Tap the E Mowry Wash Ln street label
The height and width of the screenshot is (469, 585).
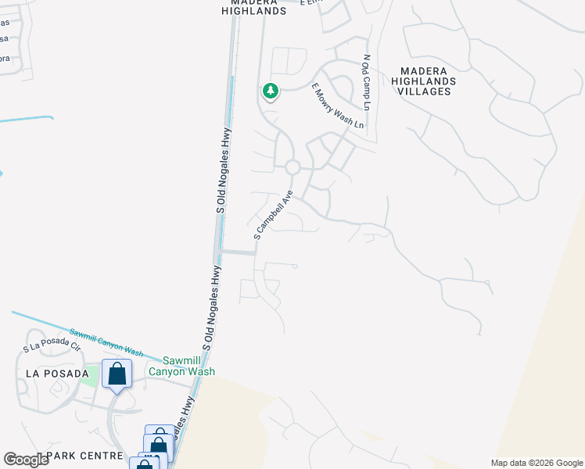338,106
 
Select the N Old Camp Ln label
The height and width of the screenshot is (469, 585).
365,82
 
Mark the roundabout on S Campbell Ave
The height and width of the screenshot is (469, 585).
292,167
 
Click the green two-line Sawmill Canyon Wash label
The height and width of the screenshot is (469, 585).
188,367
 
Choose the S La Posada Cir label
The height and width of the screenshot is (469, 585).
52,346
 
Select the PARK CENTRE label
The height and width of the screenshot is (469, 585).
84,455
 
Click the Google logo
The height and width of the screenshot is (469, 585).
26,460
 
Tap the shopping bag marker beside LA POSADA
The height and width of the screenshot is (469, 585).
117,374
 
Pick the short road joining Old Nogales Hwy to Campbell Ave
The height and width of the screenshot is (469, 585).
238,252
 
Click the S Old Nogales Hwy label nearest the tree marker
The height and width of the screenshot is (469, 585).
225,170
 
